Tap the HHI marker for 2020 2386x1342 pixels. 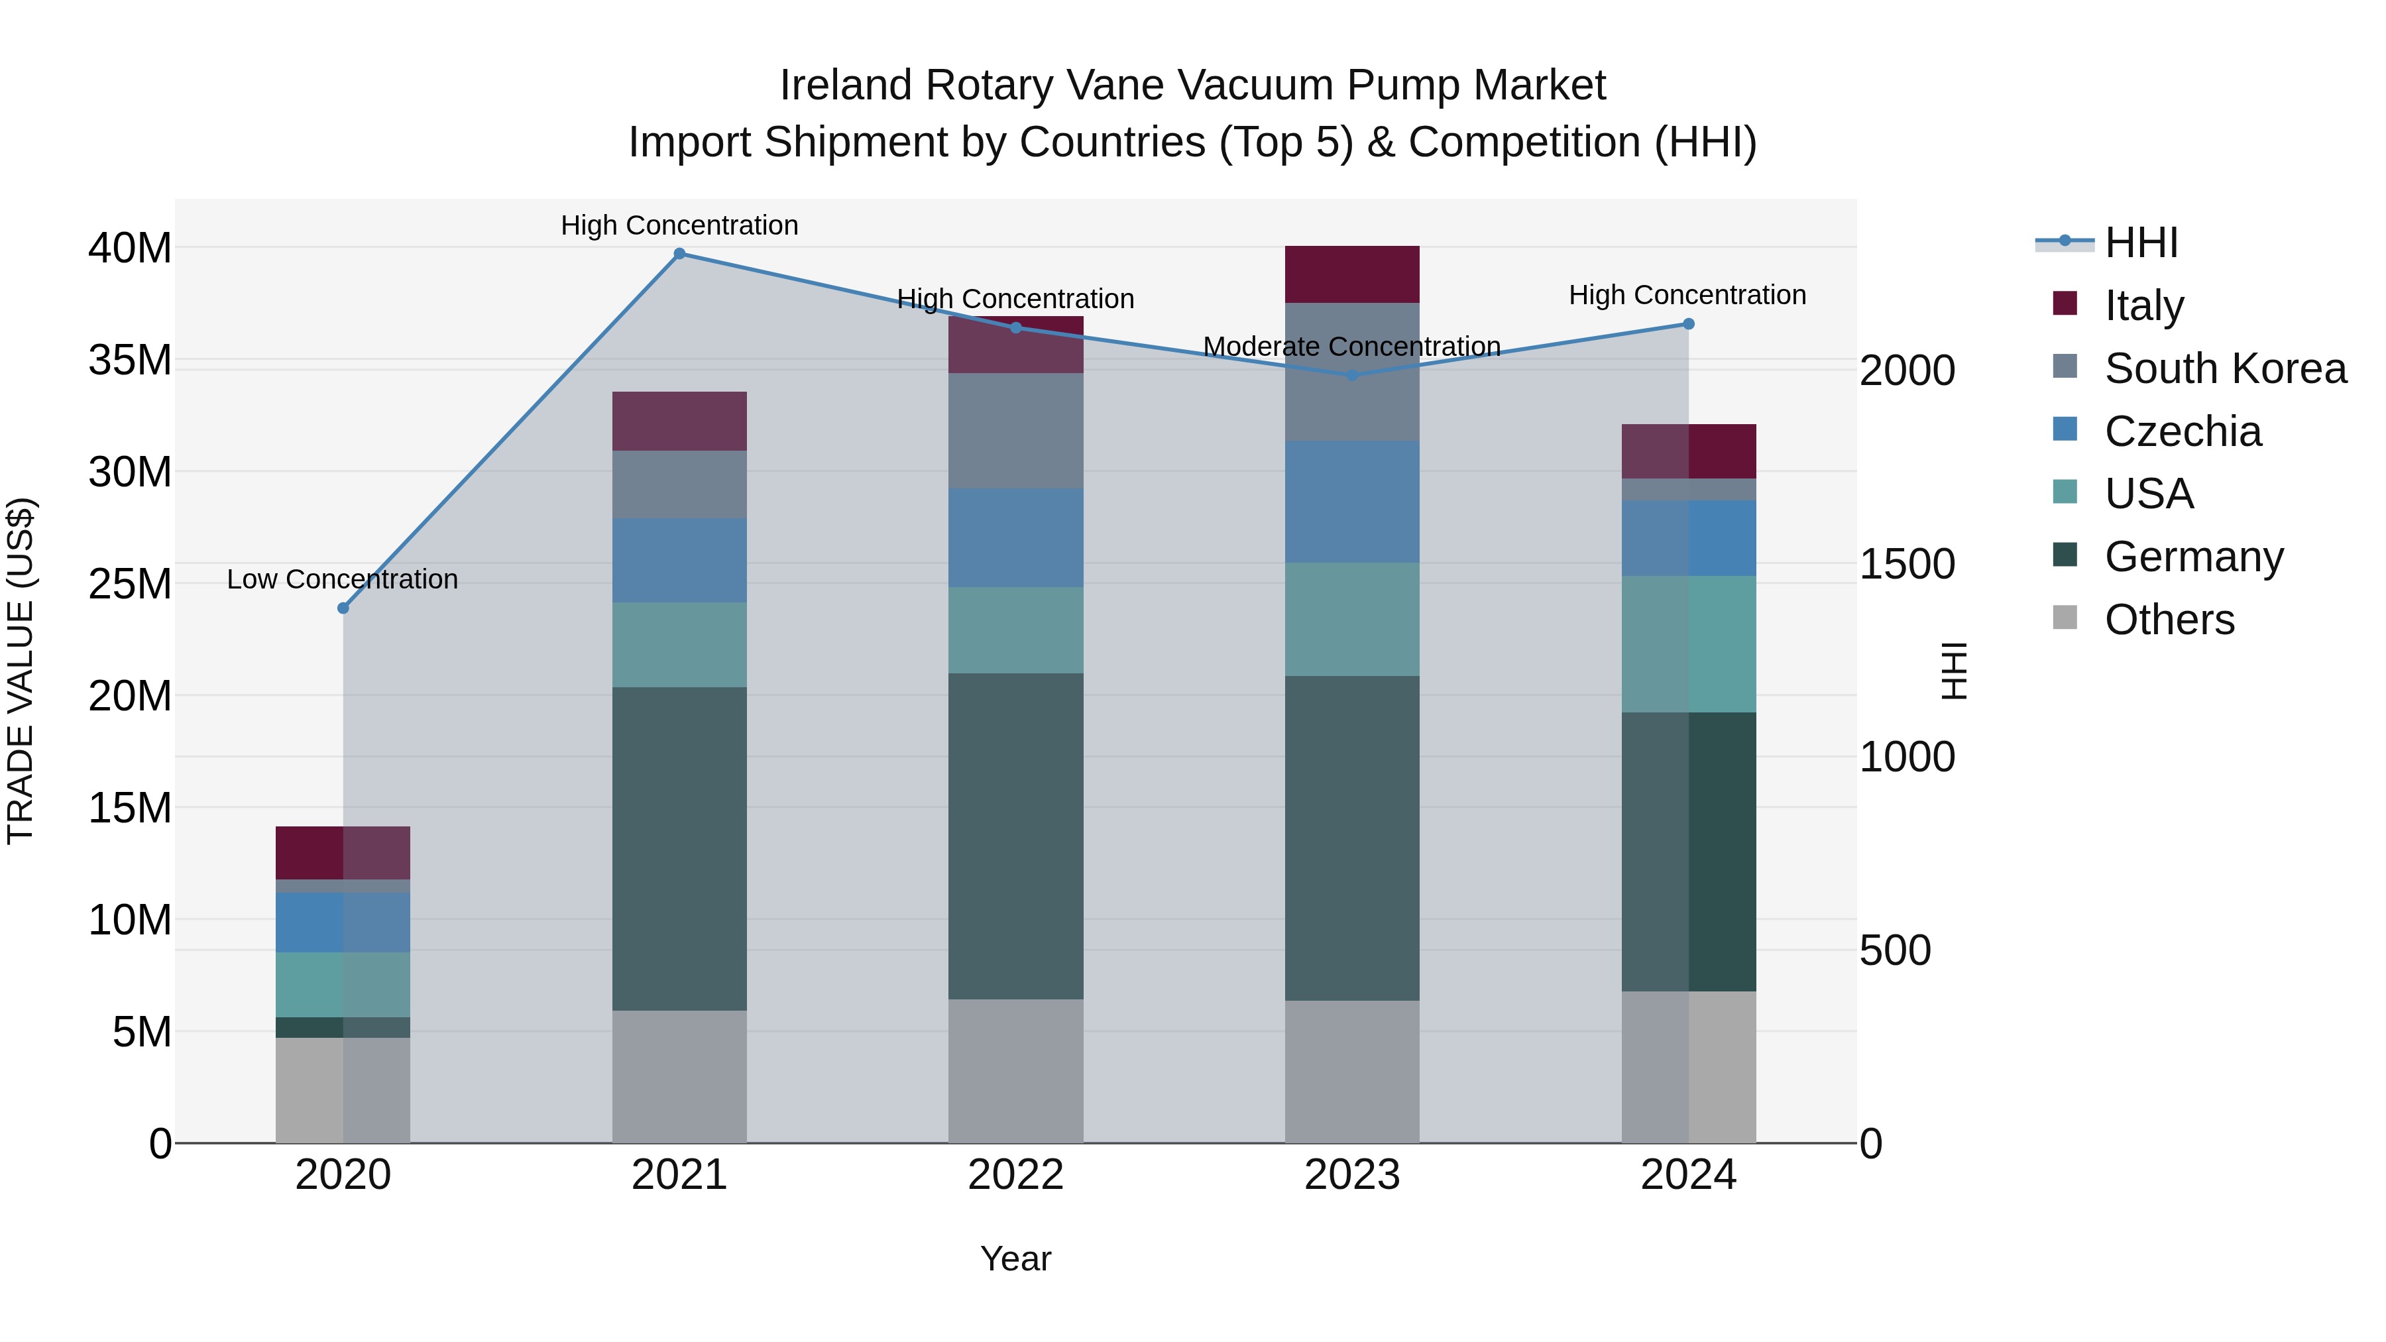[x=343, y=608]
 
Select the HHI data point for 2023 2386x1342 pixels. [x=1351, y=375]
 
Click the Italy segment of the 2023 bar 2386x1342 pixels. [x=1351, y=274]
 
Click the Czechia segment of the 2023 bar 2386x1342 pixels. [x=1351, y=501]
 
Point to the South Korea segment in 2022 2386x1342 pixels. [x=1015, y=431]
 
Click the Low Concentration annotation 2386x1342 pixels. [x=342, y=580]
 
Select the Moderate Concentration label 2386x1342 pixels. [x=1351, y=347]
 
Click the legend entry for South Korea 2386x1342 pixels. [x=2225, y=368]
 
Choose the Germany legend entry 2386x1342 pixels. [x=2193, y=557]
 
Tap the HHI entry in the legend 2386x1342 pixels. [x=2141, y=243]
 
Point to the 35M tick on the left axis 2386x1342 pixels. [x=130, y=359]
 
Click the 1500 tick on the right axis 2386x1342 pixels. [x=1907, y=564]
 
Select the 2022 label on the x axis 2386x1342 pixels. [x=1015, y=1175]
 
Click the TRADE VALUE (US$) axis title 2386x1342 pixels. [x=21, y=671]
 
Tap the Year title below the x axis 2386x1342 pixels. [x=1015, y=1258]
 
